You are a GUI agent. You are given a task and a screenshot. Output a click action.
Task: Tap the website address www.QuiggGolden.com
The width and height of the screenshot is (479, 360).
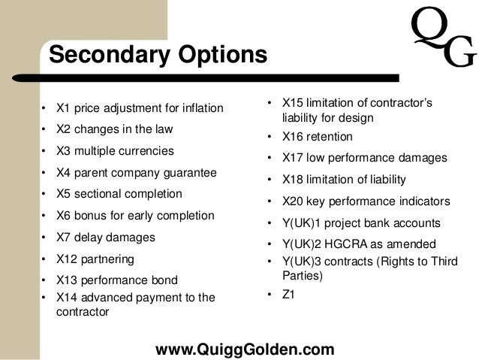[244, 349]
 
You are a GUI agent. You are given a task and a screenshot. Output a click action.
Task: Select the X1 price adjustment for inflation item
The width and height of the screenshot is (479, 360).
[140, 108]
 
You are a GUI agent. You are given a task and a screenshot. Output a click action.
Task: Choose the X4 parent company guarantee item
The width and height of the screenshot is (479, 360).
[137, 172]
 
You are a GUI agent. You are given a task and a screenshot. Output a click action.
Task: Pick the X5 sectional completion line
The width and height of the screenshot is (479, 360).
[119, 194]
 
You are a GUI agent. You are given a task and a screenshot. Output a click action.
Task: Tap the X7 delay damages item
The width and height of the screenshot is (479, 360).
[106, 237]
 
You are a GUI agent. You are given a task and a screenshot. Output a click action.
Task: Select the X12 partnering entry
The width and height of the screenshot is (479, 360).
[95, 259]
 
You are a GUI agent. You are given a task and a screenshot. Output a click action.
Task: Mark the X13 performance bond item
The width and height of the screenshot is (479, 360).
[117, 280]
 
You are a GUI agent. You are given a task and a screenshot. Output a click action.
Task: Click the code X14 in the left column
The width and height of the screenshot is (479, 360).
[68, 297]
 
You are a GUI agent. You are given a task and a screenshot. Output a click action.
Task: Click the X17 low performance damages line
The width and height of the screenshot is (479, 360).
[364, 158]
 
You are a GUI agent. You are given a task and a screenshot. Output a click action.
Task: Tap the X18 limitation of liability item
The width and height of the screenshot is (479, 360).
[344, 180]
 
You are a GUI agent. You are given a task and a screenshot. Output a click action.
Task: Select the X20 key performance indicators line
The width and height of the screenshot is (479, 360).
[366, 201]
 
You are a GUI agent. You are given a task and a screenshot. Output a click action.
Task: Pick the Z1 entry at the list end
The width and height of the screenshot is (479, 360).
[288, 295]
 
